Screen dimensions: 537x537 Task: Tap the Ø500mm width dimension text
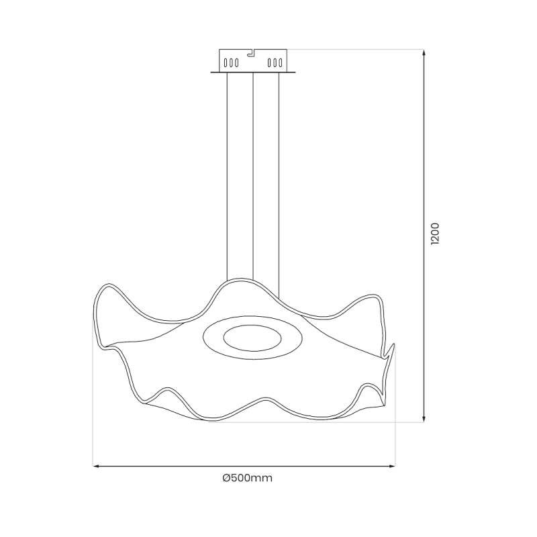[247, 478]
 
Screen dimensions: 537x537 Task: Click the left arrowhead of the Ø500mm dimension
[95, 465]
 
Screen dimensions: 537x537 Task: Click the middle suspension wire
[252, 175]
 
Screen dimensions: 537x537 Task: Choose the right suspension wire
[279, 175]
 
